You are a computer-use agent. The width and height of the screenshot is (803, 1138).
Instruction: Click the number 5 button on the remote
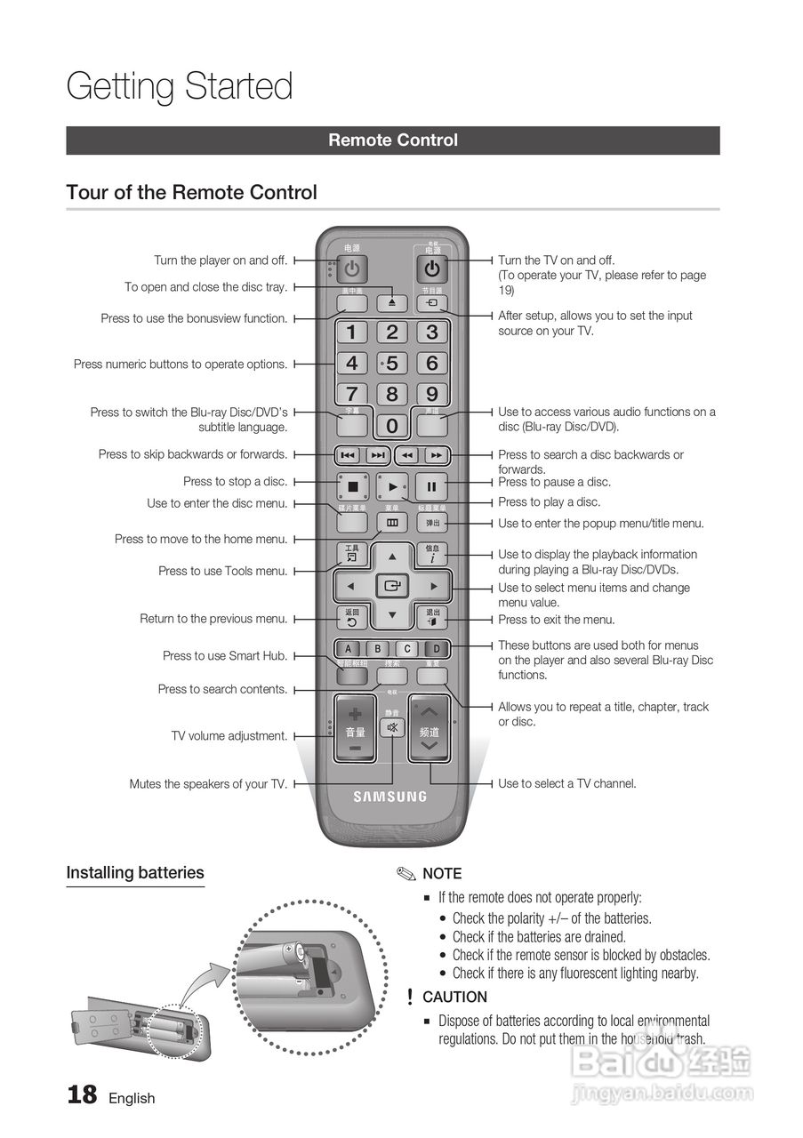point(391,364)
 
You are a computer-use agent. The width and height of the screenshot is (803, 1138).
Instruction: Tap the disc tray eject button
point(391,303)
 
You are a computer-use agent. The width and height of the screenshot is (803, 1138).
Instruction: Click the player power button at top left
point(352,268)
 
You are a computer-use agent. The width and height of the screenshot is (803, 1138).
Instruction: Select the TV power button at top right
point(431,268)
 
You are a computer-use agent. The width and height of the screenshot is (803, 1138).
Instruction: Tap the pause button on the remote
point(431,486)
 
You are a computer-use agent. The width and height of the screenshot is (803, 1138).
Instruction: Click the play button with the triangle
point(392,486)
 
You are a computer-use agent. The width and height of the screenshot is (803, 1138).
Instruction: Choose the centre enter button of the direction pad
point(391,587)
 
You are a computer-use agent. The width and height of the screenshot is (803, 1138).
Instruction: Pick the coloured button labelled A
point(349,649)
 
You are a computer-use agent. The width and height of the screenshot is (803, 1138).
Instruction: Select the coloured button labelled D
point(436,649)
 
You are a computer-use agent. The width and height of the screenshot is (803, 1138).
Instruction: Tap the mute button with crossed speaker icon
point(391,728)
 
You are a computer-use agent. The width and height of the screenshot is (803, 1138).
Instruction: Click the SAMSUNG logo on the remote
point(391,797)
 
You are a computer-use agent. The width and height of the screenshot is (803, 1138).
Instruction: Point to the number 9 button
point(431,394)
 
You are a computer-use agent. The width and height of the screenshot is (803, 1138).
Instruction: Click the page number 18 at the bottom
point(82,1094)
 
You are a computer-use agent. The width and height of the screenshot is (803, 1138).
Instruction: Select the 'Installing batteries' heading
point(135,873)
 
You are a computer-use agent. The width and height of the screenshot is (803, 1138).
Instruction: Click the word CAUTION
point(454,998)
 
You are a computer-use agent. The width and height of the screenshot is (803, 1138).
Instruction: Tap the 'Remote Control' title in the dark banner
point(393,140)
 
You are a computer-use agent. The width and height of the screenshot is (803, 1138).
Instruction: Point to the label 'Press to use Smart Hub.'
point(225,656)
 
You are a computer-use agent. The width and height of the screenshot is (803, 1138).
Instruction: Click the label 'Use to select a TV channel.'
point(567,784)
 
